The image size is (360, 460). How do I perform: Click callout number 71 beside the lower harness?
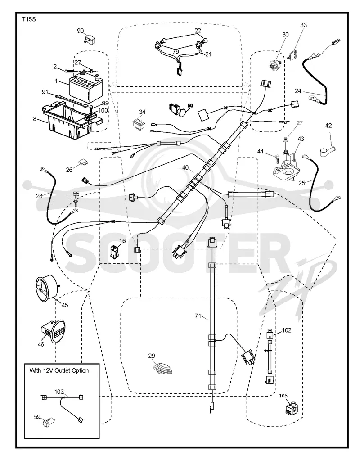coord(198,316)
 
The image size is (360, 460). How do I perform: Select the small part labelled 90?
coord(91,40)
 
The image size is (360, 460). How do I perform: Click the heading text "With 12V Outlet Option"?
coord(59,370)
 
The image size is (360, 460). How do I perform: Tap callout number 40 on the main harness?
coord(185,167)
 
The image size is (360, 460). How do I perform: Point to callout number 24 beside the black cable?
coord(298,91)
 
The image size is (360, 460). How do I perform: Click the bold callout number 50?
coord(190,105)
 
